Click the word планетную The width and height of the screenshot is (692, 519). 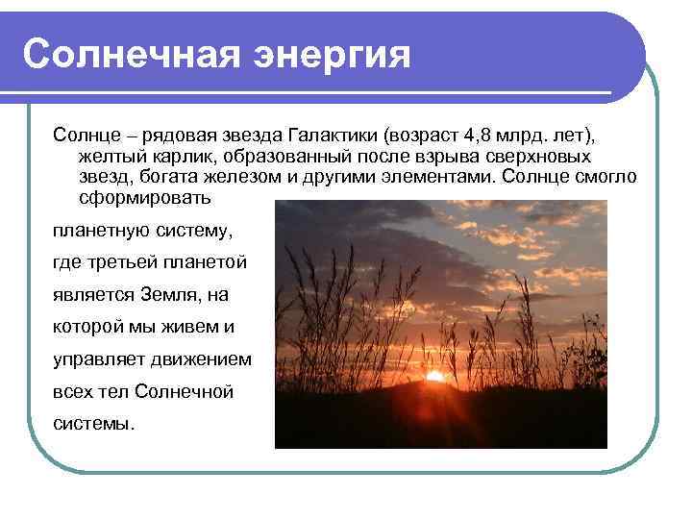[100, 231]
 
